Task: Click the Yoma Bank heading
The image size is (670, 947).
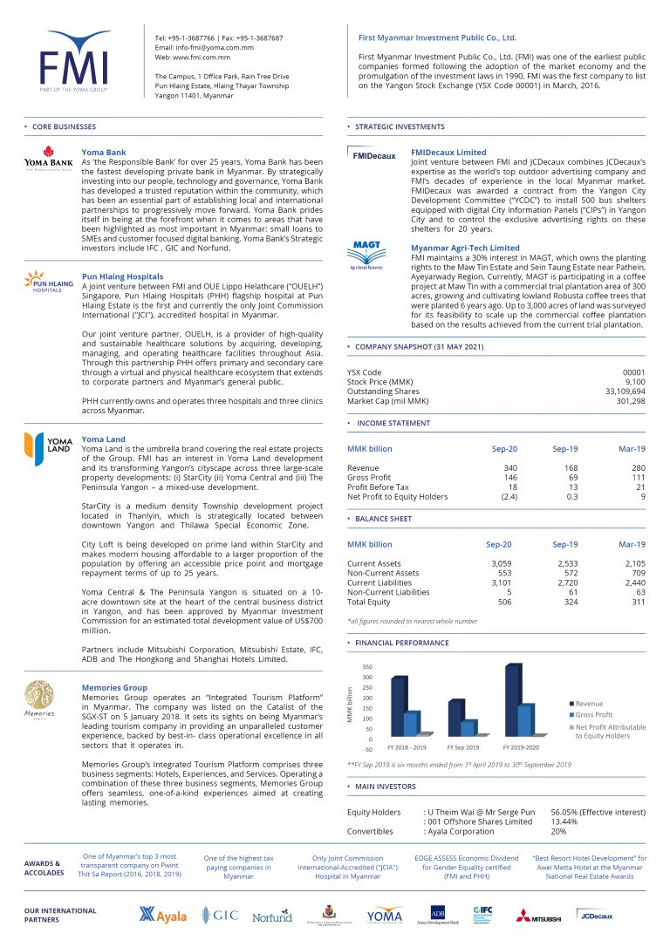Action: click(x=103, y=153)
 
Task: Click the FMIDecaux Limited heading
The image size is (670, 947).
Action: click(x=448, y=153)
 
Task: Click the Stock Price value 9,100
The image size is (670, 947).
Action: click(x=633, y=382)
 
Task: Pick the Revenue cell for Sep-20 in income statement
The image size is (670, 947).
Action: click(x=509, y=468)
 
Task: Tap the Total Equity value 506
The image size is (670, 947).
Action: click(x=504, y=602)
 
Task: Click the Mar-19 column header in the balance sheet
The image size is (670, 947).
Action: click(x=631, y=544)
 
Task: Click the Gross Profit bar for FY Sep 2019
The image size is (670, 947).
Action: click(x=468, y=728)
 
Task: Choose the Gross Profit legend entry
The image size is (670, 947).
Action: click(x=593, y=714)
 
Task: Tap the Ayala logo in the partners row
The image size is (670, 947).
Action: click(x=164, y=915)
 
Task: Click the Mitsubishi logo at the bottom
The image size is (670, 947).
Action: click(x=537, y=916)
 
